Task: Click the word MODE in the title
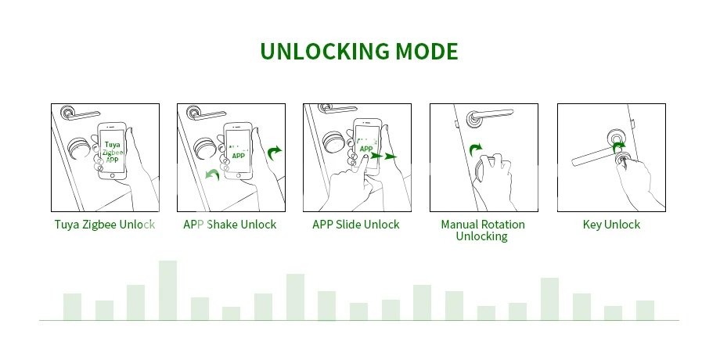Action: [x=427, y=52]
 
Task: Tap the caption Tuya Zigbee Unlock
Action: [x=105, y=225]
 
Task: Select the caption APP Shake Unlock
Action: [x=229, y=225]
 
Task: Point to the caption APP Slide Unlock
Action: [x=356, y=225]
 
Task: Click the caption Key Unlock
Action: [x=611, y=225]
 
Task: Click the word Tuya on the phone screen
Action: [x=113, y=145]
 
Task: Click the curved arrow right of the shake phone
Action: [x=274, y=153]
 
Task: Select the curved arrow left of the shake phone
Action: [x=211, y=175]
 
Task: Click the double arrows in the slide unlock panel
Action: [x=383, y=156]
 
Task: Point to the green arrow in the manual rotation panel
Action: [x=476, y=149]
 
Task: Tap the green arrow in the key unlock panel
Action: [x=619, y=146]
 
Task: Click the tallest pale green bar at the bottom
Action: [x=167, y=290]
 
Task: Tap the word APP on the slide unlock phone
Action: [x=366, y=149]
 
